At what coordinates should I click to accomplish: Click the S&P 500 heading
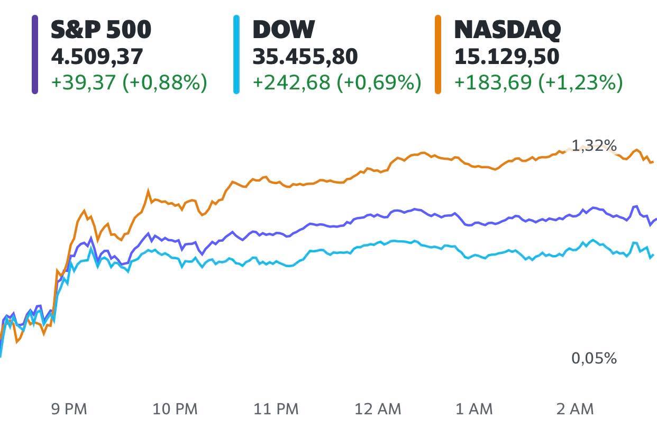tap(101, 29)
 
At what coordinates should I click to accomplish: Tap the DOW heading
tap(284, 29)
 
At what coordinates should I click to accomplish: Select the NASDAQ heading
tap(507, 29)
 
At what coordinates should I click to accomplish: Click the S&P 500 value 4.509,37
tap(97, 57)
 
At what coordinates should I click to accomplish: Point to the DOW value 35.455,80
tap(305, 57)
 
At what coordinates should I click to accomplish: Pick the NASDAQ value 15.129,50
tap(506, 57)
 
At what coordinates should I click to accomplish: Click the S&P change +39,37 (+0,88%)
tap(129, 83)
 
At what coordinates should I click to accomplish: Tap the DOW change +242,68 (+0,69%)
tap(337, 83)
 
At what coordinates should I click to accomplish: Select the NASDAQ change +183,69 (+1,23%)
tap(538, 83)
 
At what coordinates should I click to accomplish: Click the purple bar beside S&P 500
tap(35, 54)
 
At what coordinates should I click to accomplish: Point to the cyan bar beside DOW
tap(236, 54)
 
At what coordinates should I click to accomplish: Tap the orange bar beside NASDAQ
tap(438, 54)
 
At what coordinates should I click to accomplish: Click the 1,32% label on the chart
tap(594, 146)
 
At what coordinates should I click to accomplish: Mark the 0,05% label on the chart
tap(594, 358)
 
